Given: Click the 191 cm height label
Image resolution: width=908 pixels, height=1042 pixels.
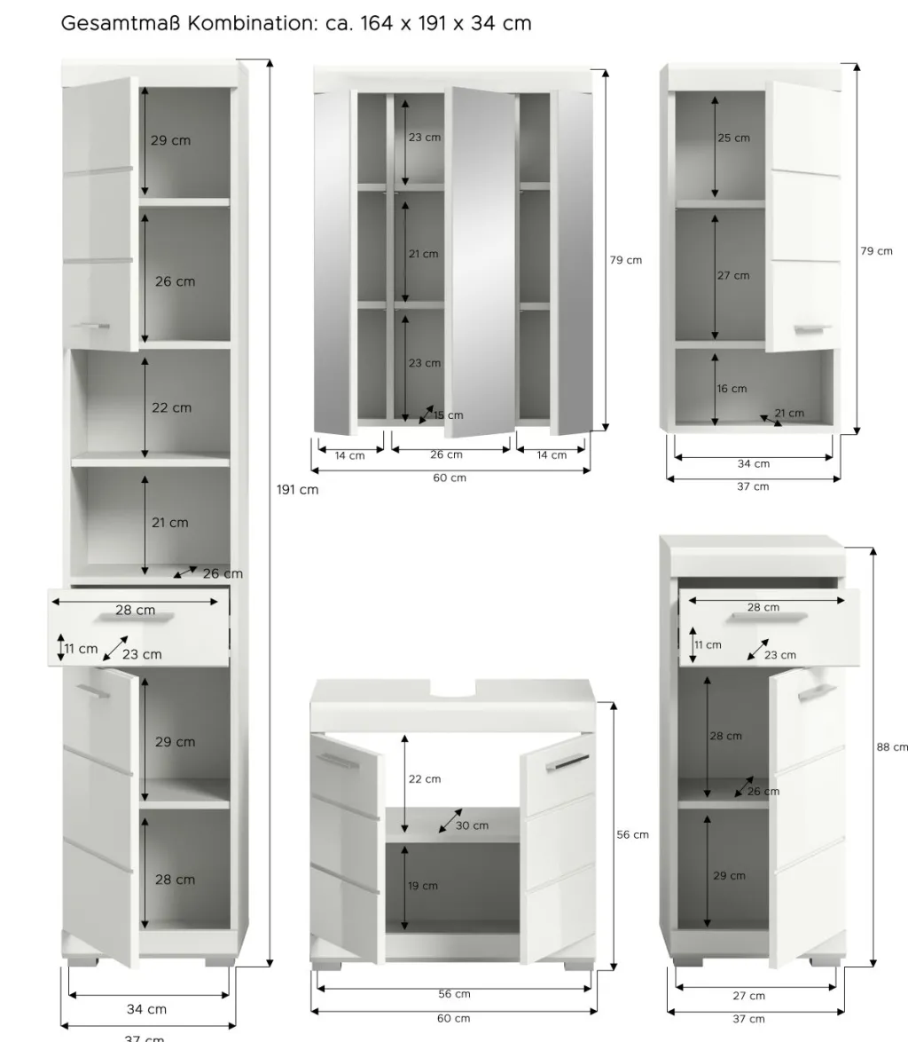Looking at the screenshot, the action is (x=297, y=490).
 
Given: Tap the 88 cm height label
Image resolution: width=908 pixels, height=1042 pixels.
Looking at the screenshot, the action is (x=892, y=747).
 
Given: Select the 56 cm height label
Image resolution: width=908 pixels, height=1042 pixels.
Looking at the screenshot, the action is (x=632, y=834).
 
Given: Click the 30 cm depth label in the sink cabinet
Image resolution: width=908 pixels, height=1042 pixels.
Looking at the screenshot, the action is (x=472, y=825).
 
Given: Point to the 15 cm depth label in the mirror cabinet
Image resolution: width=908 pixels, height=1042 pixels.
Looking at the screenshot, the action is (x=449, y=415).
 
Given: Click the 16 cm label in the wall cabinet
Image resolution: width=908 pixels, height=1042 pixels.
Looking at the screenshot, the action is (x=732, y=389).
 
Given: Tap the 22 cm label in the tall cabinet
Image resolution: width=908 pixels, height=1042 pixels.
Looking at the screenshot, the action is (x=171, y=408).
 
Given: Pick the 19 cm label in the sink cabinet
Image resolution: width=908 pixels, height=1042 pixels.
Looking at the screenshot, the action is (x=423, y=886).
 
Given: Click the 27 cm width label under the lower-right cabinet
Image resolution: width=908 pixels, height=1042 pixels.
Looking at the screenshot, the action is (x=748, y=996).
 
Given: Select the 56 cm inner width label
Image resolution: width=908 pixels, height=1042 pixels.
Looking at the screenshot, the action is (x=454, y=994).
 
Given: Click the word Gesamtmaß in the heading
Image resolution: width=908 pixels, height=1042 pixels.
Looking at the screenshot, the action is (x=121, y=23).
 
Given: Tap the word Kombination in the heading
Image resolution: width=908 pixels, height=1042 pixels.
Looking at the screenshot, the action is (x=252, y=23).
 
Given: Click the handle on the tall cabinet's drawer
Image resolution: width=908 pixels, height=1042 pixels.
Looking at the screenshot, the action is (x=133, y=618).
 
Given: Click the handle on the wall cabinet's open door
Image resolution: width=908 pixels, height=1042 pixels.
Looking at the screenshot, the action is (x=812, y=329).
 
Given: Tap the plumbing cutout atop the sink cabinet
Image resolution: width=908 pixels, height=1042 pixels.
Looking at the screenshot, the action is (x=453, y=689).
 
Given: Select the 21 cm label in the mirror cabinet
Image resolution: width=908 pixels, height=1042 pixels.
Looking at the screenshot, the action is (x=424, y=254).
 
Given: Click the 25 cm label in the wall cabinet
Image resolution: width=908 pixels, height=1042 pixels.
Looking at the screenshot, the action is (x=733, y=138).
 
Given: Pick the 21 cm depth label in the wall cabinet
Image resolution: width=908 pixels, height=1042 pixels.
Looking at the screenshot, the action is (x=789, y=413).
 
